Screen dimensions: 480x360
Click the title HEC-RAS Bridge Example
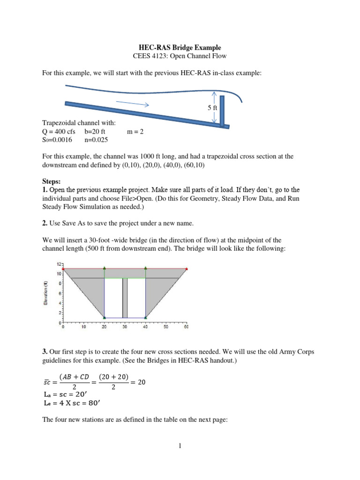click(180, 48)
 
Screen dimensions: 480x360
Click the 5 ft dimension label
click(213, 108)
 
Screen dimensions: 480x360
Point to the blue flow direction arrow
click(132, 103)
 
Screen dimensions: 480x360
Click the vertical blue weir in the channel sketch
click(222, 111)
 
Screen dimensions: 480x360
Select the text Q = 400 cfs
click(59, 132)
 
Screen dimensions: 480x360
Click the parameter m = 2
click(135, 132)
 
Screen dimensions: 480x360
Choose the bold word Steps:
click(52, 180)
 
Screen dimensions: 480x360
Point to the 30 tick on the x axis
click(125, 327)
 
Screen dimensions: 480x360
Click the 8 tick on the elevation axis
click(60, 283)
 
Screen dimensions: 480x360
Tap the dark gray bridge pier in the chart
click(125, 298)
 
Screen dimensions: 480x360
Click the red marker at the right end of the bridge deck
click(187, 269)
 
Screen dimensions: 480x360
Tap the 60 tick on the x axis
click(186, 327)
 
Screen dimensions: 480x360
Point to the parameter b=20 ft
click(95, 132)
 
